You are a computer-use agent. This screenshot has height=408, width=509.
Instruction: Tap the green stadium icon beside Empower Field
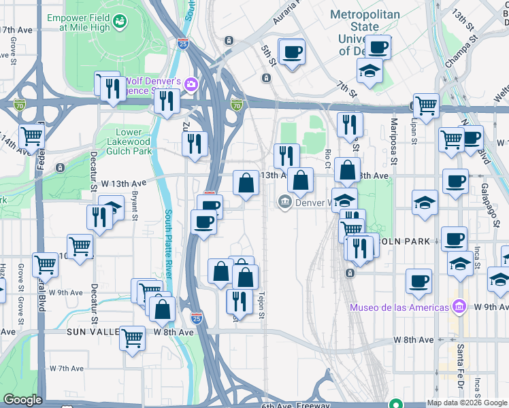121,22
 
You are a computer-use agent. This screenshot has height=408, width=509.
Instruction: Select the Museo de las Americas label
399,307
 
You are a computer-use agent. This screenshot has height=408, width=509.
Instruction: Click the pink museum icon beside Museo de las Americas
461,307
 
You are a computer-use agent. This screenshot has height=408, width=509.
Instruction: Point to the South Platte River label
168,248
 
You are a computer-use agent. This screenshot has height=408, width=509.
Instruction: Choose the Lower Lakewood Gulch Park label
129,141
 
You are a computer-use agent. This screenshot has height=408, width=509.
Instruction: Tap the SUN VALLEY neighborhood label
93,333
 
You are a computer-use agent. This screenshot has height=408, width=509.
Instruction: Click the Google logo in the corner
22,400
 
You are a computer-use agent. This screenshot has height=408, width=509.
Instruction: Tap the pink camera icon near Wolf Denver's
193,84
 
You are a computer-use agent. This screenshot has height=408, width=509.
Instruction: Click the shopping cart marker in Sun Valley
132,337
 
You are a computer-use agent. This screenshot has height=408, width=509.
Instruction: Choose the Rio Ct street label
327,158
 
